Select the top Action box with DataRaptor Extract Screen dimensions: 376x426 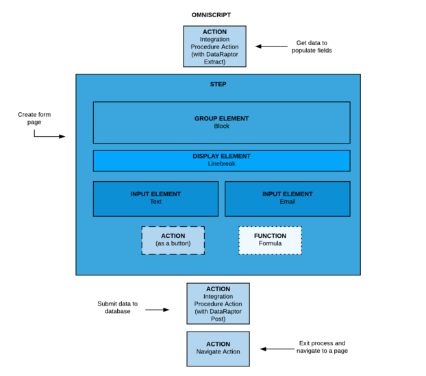[x=214, y=46]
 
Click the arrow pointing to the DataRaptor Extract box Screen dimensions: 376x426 [x=272, y=46]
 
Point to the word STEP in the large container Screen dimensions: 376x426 [x=218, y=84]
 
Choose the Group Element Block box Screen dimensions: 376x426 [x=221, y=122]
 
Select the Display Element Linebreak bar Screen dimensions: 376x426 [x=221, y=160]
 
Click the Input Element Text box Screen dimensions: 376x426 [x=155, y=198]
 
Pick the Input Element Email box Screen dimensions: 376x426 [x=287, y=198]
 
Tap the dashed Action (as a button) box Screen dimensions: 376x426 [x=173, y=240]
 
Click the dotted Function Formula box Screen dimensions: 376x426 [x=270, y=240]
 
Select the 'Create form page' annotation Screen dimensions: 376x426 [x=34, y=118]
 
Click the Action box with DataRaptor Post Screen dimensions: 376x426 [x=218, y=304]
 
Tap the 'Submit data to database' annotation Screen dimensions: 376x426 [x=117, y=308]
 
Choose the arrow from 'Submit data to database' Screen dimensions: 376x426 [x=157, y=310]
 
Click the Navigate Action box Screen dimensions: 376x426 [x=218, y=348]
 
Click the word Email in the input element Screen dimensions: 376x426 [x=287, y=202]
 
